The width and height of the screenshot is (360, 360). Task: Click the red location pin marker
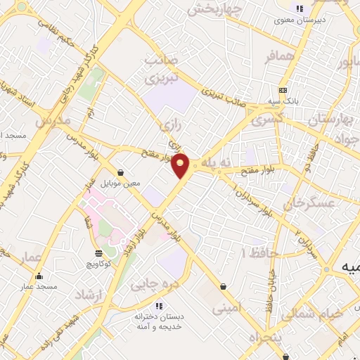[181, 165]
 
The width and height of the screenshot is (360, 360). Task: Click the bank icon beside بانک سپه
[283, 90]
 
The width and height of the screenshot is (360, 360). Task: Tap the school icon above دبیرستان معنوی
[300, 8]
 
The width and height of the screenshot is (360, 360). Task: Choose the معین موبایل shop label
[120, 183]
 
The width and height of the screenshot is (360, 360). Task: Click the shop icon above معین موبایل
[120, 172]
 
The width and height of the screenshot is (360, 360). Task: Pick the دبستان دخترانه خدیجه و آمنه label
[158, 322]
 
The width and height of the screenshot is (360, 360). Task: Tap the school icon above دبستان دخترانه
[158, 306]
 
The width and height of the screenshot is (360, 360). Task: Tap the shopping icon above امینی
[224, 286]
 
